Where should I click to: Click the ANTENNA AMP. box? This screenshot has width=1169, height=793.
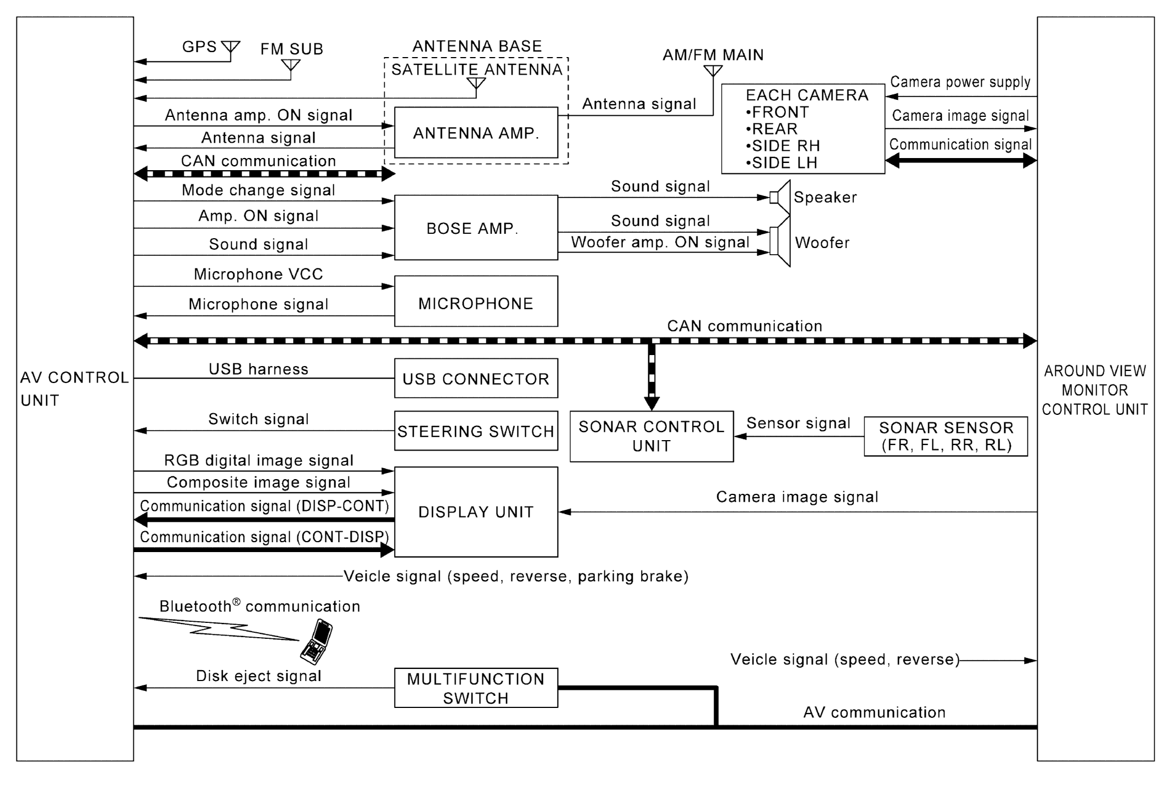click(476, 133)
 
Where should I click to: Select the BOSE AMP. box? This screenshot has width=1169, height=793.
click(476, 227)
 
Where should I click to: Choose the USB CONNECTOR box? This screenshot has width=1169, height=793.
click(476, 378)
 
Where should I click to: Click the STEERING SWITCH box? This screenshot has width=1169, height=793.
click(476, 431)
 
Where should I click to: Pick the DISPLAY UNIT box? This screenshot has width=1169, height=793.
click(476, 512)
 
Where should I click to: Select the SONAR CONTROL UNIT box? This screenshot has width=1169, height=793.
click(651, 436)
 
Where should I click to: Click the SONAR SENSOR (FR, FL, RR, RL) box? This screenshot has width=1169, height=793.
click(946, 436)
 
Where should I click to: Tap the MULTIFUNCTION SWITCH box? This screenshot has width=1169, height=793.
click(476, 688)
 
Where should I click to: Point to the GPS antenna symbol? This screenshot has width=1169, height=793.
click(231, 48)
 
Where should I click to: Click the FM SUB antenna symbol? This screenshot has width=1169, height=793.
click(291, 66)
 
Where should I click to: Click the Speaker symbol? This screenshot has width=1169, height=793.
click(780, 197)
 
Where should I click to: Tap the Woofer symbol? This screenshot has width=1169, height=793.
click(780, 241)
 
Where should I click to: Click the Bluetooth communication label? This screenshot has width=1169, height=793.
click(260, 606)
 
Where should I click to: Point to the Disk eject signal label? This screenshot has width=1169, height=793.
click(258, 676)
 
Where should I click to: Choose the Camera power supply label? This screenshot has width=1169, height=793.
click(960, 82)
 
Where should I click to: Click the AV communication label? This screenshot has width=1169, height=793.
click(874, 712)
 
